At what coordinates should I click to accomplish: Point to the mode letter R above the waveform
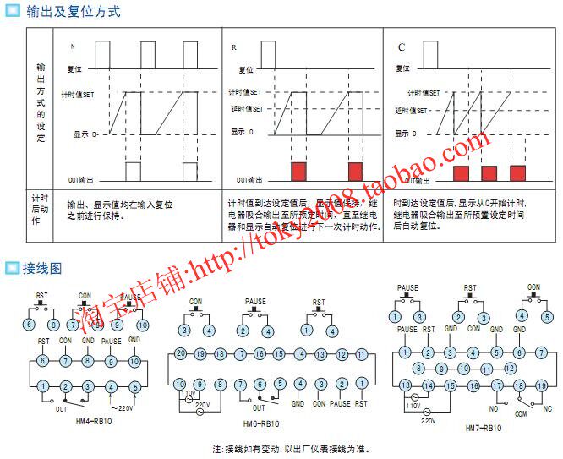pyautogui.click(x=233, y=47)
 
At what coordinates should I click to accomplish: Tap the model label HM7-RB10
pyautogui.click(x=484, y=428)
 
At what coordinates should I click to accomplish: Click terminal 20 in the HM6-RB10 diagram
pyautogui.click(x=180, y=353)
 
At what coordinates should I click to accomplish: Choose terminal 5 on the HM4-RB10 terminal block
pyautogui.click(x=135, y=387)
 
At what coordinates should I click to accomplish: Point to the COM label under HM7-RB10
pyautogui.click(x=520, y=415)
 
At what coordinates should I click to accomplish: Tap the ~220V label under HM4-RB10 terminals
pyautogui.click(x=121, y=408)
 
